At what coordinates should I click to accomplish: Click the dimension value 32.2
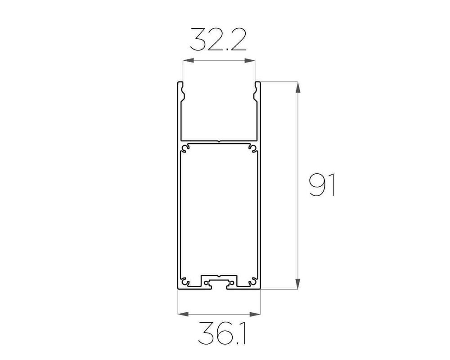218,40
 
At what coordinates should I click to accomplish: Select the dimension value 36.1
219,333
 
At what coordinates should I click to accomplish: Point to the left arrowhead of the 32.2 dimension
186,61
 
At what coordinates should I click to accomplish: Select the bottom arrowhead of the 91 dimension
297,284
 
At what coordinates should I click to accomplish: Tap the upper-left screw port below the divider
185,148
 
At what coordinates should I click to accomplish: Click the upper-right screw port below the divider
252,148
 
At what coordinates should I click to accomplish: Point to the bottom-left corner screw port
185,282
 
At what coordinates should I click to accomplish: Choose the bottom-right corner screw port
252,282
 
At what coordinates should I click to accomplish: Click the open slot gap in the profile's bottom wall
219,288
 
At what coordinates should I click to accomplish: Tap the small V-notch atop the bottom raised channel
219,275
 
